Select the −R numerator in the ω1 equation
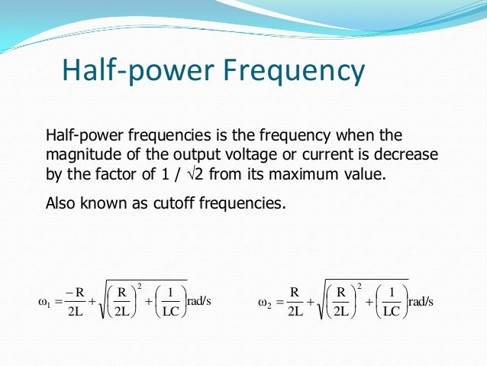pos(75,291)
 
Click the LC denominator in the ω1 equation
pos(172,311)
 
